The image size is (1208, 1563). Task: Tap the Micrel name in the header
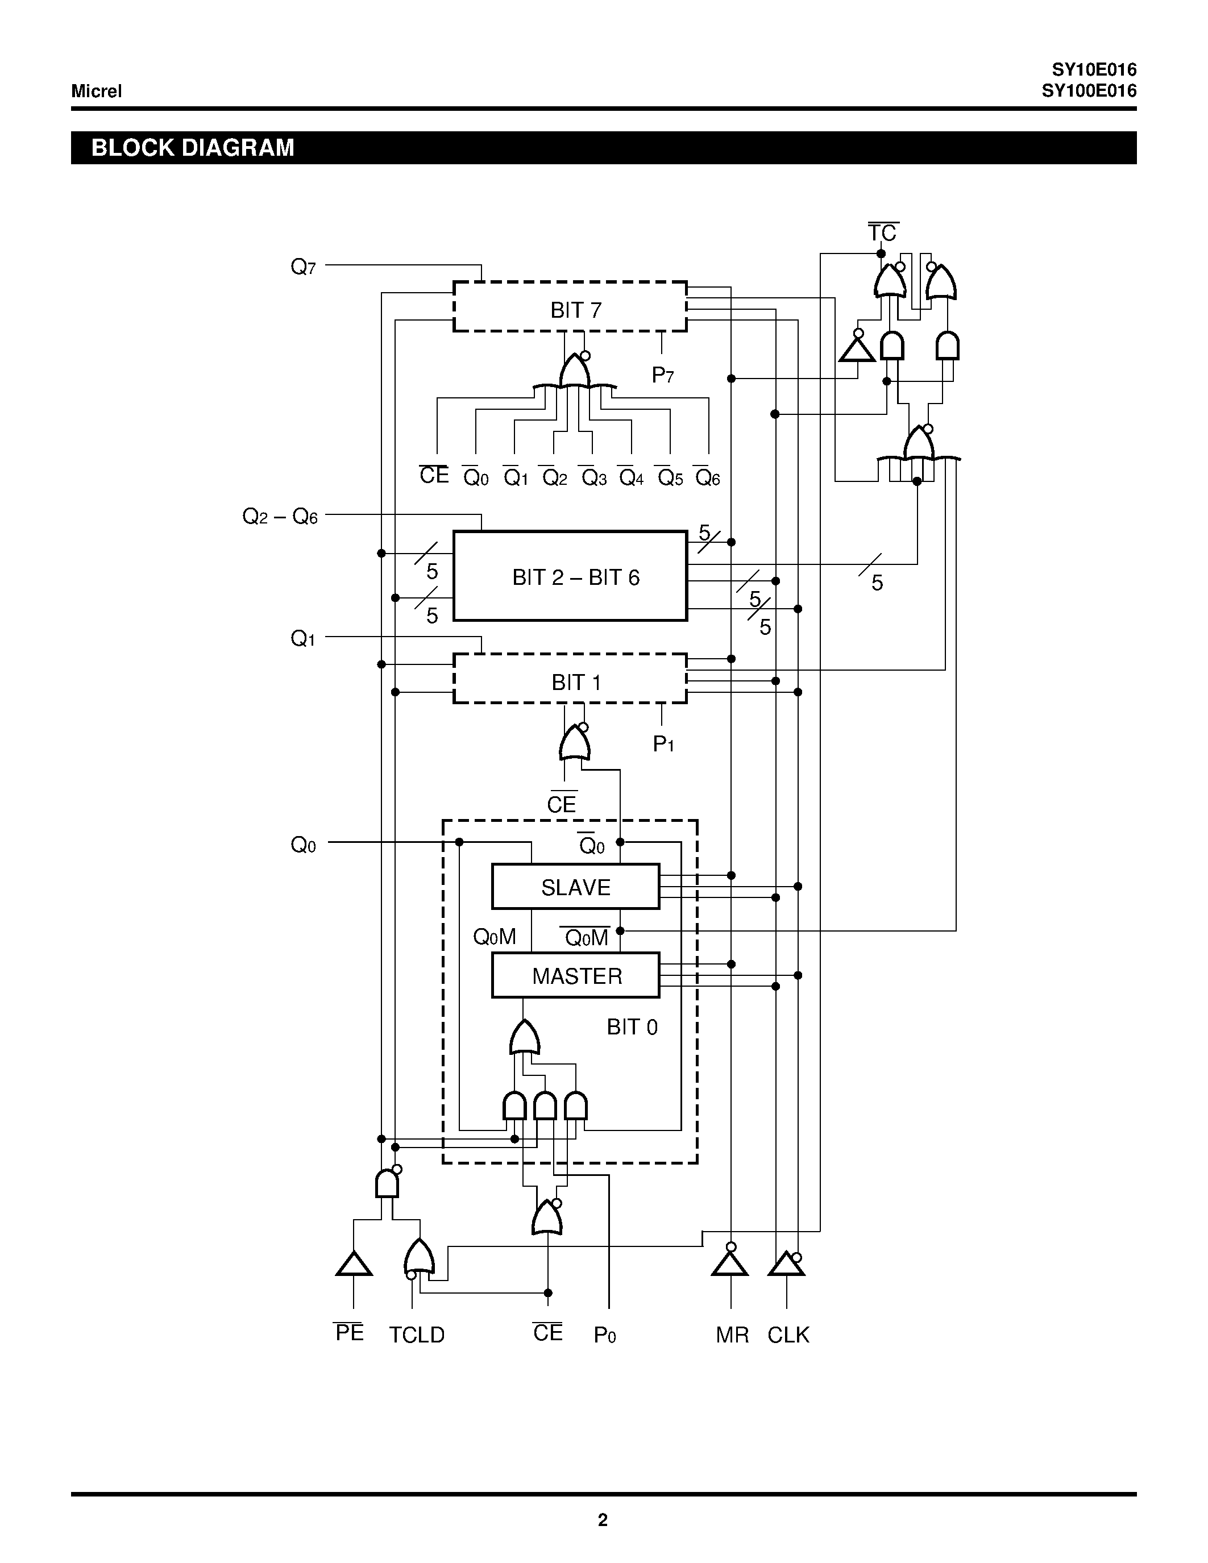tap(97, 91)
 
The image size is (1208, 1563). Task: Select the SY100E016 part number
tap(1089, 91)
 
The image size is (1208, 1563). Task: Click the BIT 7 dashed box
tap(570, 307)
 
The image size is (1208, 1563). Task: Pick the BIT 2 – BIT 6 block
tap(570, 576)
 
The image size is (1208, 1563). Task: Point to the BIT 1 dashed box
tap(570, 679)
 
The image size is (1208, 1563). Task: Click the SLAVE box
tap(575, 887)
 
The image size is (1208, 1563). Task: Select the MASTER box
tap(575, 975)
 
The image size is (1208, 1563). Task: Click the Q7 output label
tap(303, 267)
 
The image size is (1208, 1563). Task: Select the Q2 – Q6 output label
tap(280, 516)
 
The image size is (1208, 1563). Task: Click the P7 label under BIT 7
tap(663, 375)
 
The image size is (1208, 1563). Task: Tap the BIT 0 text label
tap(632, 1027)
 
